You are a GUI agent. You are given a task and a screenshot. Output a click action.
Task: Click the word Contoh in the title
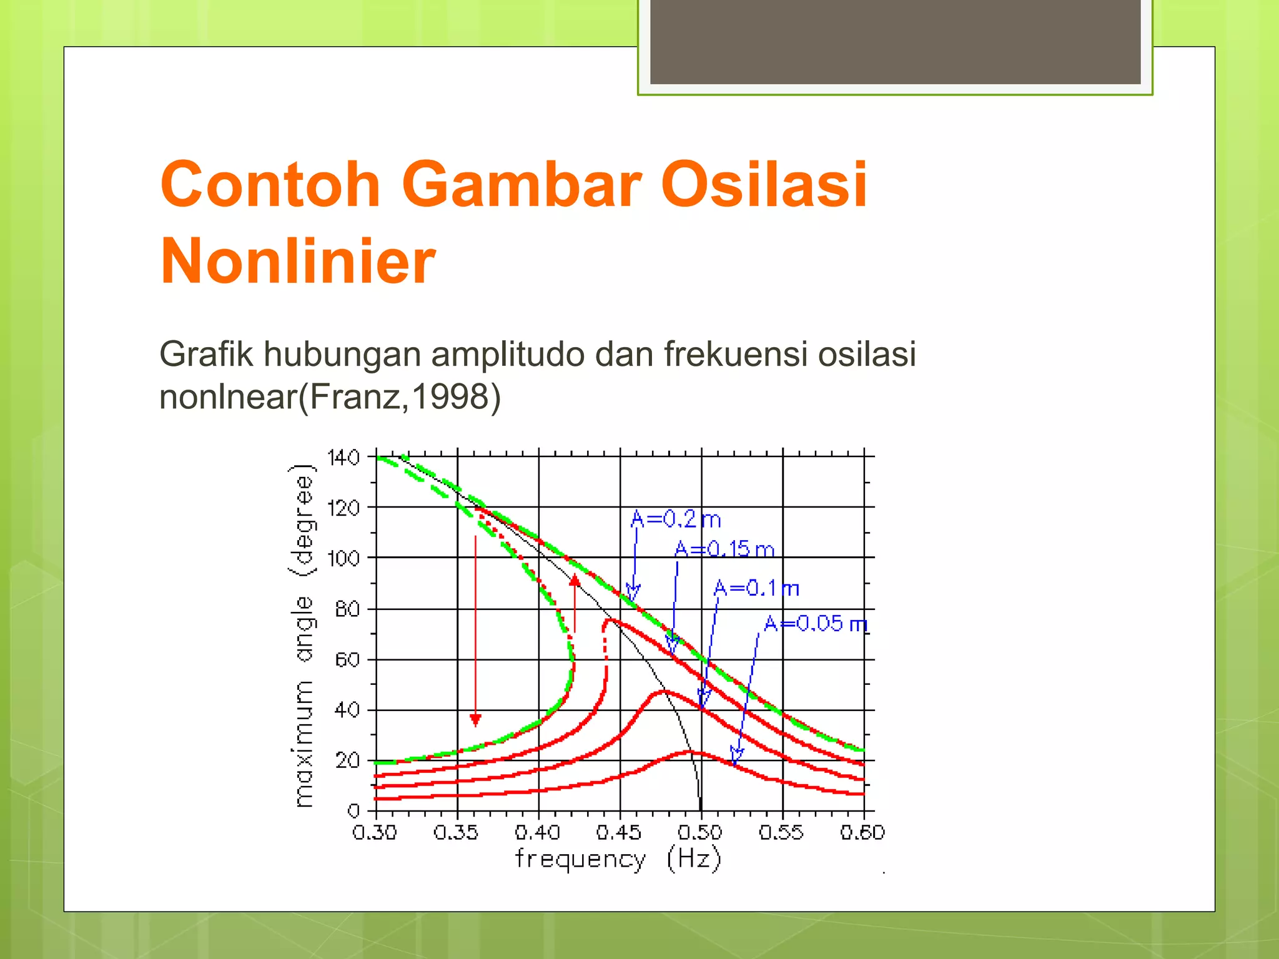coord(270,185)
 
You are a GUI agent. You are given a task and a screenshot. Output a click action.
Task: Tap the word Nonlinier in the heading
coord(298,262)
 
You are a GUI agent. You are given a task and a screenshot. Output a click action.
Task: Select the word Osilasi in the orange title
coord(764,185)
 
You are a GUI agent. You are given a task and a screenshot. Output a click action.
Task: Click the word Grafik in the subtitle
coord(206,354)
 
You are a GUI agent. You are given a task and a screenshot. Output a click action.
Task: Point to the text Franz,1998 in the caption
coord(400,396)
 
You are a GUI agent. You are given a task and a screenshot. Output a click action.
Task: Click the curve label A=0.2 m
coord(676,519)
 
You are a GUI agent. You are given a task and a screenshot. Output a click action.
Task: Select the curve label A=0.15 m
coord(724,549)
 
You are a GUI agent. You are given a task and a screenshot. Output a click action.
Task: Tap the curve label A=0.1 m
coord(756,588)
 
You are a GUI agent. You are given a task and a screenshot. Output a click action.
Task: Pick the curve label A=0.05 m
coord(815,624)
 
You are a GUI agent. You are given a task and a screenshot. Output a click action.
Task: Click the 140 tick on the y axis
coord(343,458)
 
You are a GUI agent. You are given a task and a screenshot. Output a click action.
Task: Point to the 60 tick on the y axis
coord(347,660)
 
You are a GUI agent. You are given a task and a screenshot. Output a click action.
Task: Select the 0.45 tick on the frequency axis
coord(618,832)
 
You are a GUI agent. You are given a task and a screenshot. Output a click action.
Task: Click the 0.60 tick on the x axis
coord(862,832)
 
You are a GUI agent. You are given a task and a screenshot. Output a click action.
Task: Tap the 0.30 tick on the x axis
coord(375,832)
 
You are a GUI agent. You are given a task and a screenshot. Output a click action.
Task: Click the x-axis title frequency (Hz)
coord(618,860)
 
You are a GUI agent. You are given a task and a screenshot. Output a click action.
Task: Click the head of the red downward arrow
coord(475,720)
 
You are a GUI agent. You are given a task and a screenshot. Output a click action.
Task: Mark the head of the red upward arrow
coord(575,580)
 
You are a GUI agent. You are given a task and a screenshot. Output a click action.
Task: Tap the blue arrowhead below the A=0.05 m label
coord(736,757)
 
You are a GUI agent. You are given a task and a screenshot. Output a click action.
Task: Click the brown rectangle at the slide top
coord(895,41)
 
